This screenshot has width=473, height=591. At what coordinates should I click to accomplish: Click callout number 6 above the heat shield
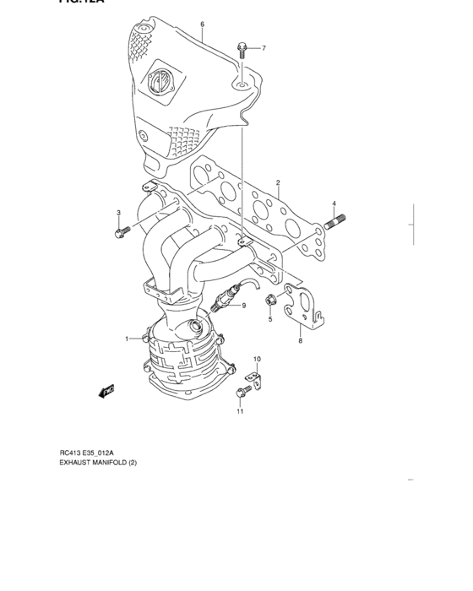203,24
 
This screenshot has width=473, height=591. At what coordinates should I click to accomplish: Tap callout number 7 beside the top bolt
263,48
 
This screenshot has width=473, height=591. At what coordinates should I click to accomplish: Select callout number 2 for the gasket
278,182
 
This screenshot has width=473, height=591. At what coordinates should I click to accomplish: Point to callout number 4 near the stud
334,203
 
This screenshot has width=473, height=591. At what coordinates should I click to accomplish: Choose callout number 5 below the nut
270,320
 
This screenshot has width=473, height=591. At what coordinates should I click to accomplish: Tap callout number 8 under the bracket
300,340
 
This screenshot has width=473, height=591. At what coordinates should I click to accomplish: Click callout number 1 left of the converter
128,339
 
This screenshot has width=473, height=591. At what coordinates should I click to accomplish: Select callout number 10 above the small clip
258,360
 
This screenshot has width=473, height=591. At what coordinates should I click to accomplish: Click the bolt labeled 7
242,48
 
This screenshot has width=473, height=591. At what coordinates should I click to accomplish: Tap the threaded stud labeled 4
334,225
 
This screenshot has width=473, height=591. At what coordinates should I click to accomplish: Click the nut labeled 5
271,299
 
